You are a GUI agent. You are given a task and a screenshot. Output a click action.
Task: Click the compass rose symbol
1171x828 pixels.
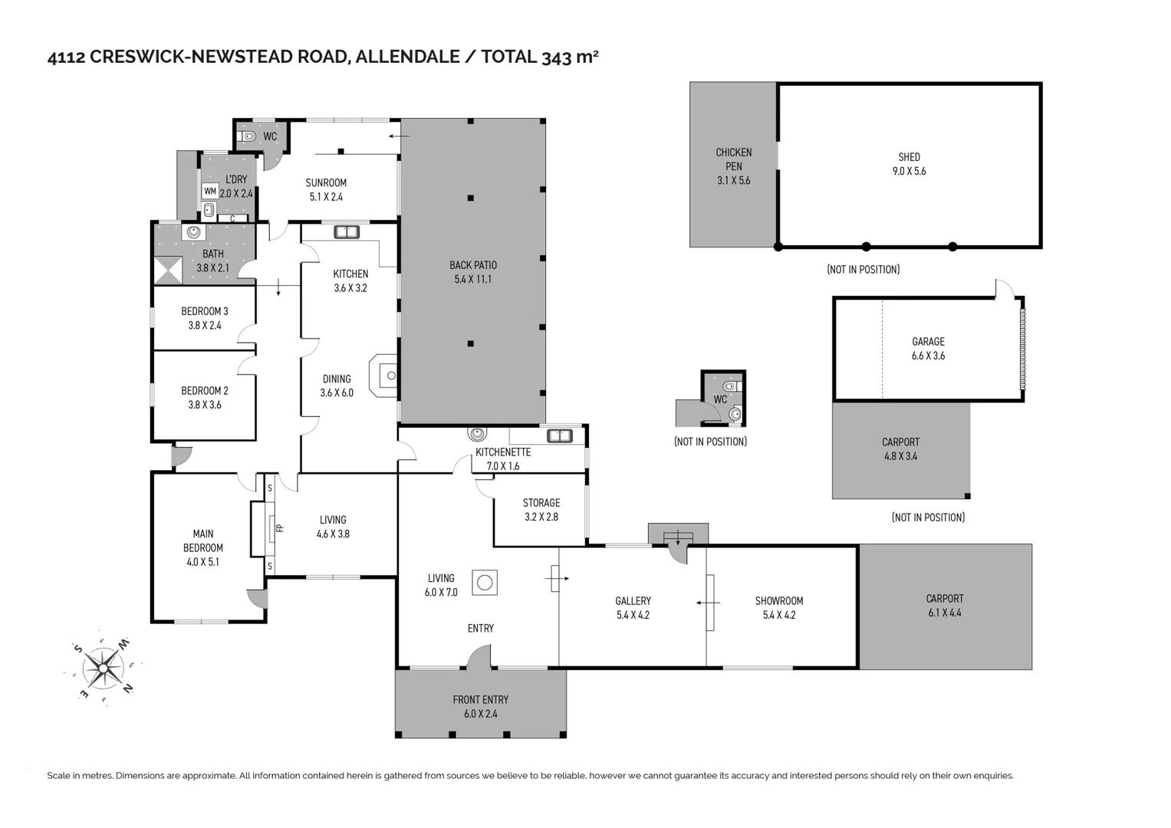[x=101, y=668]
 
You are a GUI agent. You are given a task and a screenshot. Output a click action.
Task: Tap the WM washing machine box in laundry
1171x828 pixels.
[x=209, y=192]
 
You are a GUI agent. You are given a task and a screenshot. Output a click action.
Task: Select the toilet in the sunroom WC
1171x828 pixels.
[x=248, y=137]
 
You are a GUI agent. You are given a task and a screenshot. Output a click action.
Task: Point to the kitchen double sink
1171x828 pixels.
[x=347, y=232]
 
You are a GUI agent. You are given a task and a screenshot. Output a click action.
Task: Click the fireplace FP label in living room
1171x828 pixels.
[x=279, y=527]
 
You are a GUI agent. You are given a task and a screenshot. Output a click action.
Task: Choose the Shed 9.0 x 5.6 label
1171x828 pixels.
[x=909, y=164]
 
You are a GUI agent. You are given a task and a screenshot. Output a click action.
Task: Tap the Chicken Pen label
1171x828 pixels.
[x=733, y=159]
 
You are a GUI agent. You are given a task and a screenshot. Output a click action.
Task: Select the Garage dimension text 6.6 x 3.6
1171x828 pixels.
[x=928, y=356]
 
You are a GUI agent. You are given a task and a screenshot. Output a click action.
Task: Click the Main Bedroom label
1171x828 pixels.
[x=203, y=540]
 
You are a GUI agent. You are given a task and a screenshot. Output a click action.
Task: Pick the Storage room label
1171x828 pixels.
[x=541, y=503]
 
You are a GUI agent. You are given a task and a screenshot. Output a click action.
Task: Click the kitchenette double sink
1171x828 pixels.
[x=559, y=436]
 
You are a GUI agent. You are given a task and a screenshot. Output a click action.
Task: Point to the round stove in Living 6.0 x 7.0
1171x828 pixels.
[x=484, y=583]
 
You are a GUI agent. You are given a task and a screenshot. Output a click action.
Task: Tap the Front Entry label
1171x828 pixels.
[x=480, y=699]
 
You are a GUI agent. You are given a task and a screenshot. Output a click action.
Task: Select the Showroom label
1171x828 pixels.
[x=779, y=601]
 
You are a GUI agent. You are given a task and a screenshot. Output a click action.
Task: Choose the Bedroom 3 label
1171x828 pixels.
[x=205, y=311]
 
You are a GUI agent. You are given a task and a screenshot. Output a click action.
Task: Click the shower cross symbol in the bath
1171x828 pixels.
[x=168, y=271]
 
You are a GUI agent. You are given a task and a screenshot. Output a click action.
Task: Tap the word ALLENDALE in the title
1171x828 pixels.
[x=408, y=57]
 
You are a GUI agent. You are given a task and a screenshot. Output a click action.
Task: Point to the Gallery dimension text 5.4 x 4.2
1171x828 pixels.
[x=633, y=615]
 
